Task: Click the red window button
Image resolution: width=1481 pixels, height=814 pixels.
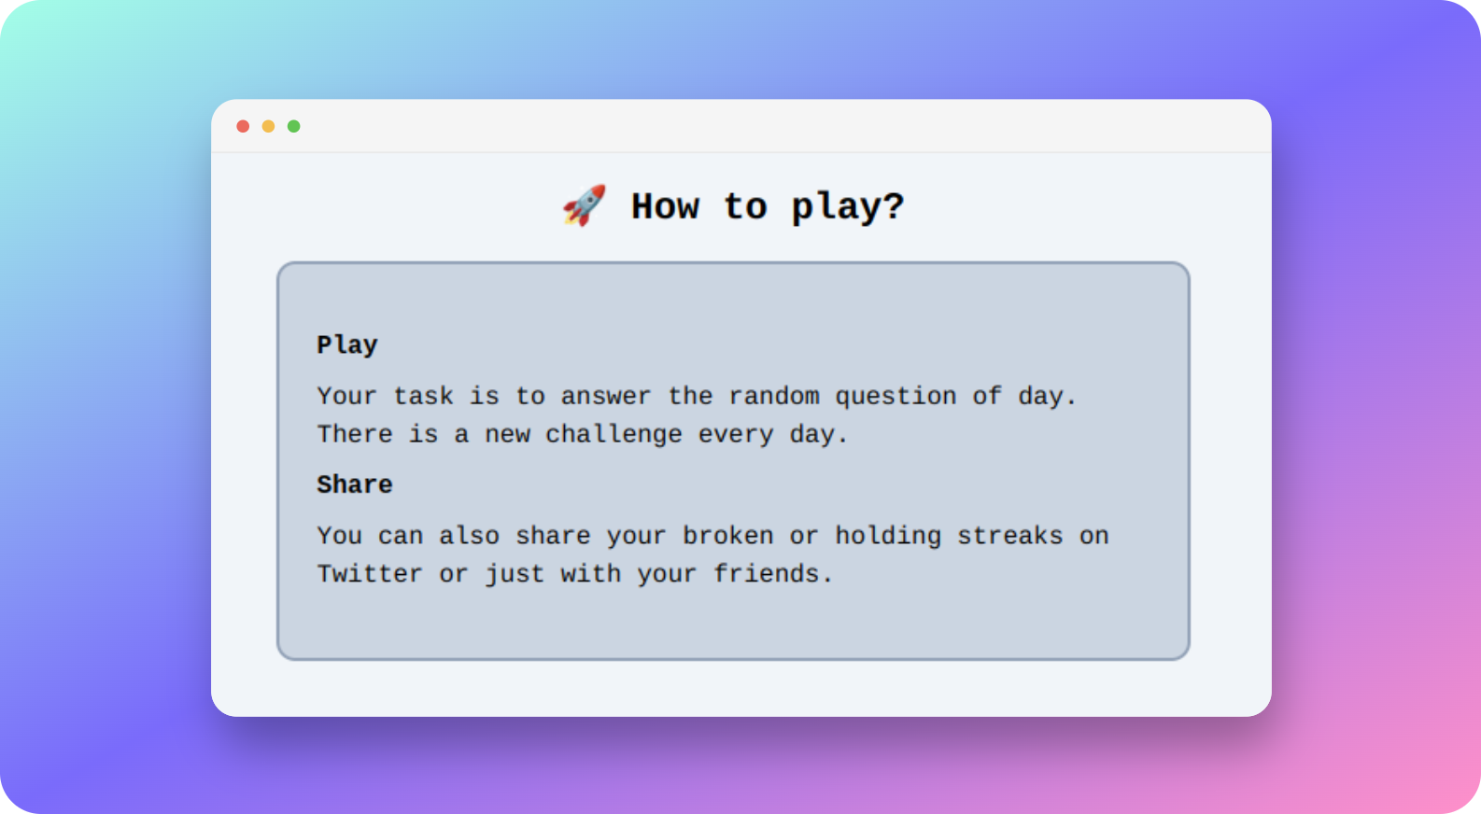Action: pyautogui.click(x=243, y=126)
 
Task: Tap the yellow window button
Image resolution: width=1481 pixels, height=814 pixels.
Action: pyautogui.click(x=268, y=126)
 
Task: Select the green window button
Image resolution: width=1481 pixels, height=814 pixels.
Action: pyautogui.click(x=294, y=126)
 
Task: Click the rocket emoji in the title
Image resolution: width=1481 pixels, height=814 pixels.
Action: pyautogui.click(x=585, y=205)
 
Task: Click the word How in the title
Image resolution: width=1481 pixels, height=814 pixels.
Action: pyautogui.click(x=665, y=206)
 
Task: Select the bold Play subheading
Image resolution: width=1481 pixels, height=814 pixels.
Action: pyautogui.click(x=347, y=344)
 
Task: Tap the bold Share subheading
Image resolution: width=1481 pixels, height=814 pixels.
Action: pyautogui.click(x=355, y=484)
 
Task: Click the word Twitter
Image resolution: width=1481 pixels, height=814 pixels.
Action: pyautogui.click(x=370, y=573)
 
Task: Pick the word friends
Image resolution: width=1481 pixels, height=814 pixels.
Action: pyautogui.click(x=773, y=573)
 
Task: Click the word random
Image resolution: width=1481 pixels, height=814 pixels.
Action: pyautogui.click(x=773, y=396)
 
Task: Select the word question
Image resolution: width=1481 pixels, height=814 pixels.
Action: pyautogui.click(x=896, y=397)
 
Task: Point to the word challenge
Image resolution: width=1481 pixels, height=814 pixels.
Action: pyautogui.click(x=614, y=435)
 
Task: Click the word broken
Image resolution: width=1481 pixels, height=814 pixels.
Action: pyautogui.click(x=728, y=535)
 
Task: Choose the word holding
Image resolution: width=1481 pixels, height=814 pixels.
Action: pyautogui.click(x=888, y=536)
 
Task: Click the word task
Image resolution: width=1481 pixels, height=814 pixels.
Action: pyautogui.click(x=423, y=396)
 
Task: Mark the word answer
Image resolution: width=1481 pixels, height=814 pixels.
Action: pyautogui.click(x=606, y=397)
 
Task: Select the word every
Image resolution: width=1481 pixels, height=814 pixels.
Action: pyautogui.click(x=736, y=435)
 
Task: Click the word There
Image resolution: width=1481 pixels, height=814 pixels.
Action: pyautogui.click(x=355, y=434)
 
